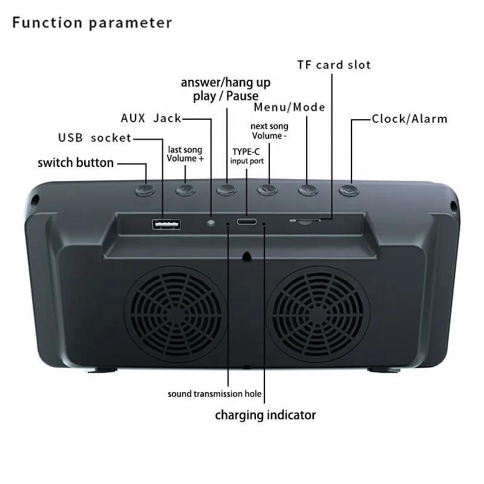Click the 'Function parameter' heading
point(93,23)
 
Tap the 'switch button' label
point(76,163)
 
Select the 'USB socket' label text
point(94,138)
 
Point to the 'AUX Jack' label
point(151,118)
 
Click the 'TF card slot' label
point(333,65)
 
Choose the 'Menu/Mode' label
point(290,108)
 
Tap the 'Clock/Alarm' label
point(410,119)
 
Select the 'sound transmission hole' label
point(215,394)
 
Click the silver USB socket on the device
point(166,225)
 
